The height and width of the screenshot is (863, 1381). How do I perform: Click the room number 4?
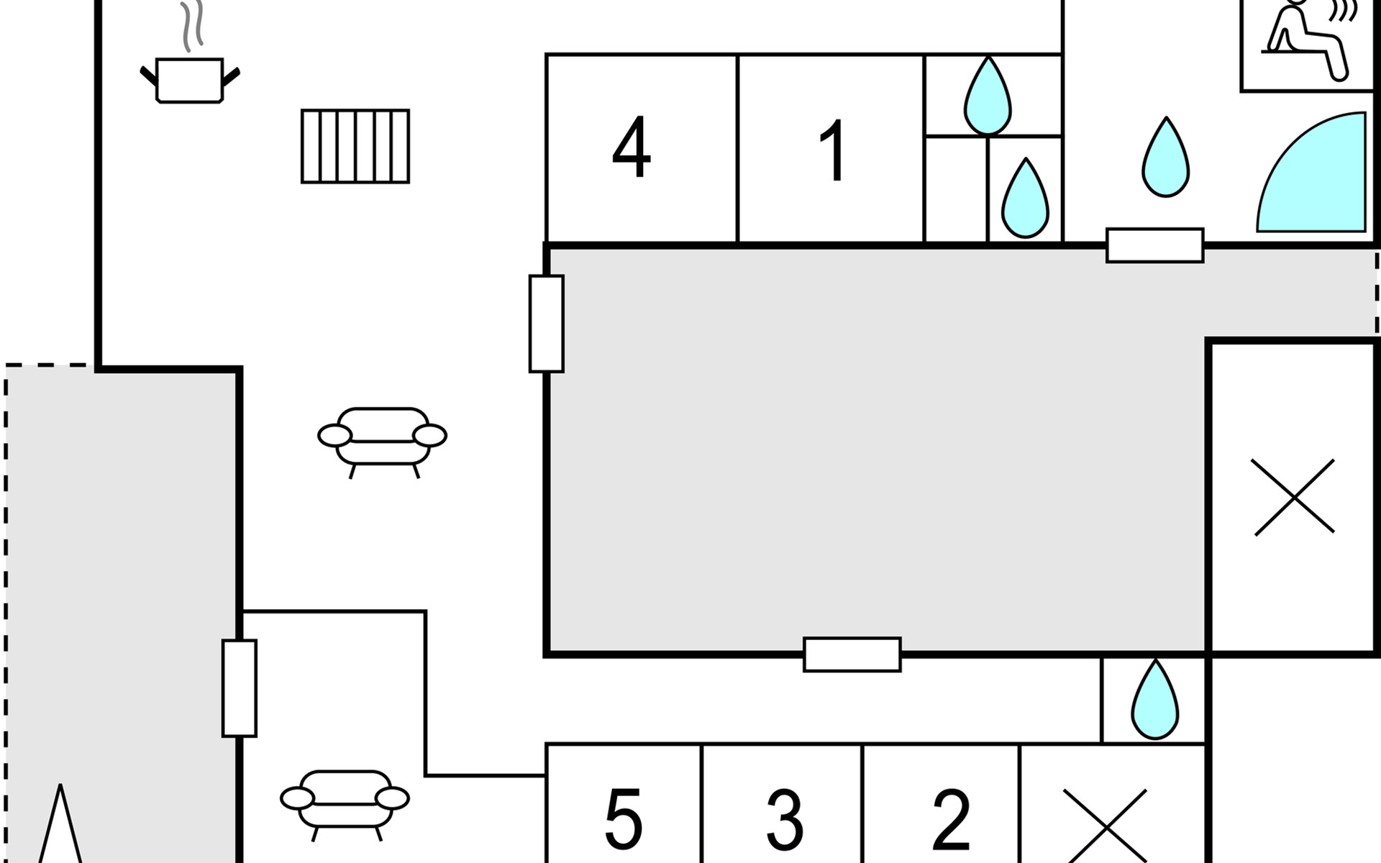click(x=632, y=148)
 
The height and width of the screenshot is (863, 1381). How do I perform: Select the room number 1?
click(x=832, y=151)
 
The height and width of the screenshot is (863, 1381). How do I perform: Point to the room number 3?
click(x=784, y=820)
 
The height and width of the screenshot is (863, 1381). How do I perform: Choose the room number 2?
click(x=951, y=820)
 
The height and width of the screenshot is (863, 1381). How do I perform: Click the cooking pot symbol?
click(x=190, y=80)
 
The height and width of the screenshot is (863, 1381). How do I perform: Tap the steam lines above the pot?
click(x=191, y=26)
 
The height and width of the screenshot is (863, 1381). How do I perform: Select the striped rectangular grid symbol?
click(x=355, y=146)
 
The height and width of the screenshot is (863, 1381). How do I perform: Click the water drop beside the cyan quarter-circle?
click(x=1165, y=158)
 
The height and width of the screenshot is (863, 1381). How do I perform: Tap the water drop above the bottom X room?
click(x=1154, y=700)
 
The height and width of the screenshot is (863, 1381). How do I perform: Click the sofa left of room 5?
click(x=345, y=803)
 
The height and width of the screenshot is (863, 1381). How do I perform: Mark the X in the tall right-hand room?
click(x=1294, y=497)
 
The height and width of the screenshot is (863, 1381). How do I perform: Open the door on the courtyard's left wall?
click(x=546, y=324)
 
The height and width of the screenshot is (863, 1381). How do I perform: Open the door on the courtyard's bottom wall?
click(x=852, y=654)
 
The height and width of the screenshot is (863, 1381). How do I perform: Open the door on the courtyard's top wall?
click(x=1154, y=245)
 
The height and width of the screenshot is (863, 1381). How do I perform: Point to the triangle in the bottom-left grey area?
click(x=60, y=827)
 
